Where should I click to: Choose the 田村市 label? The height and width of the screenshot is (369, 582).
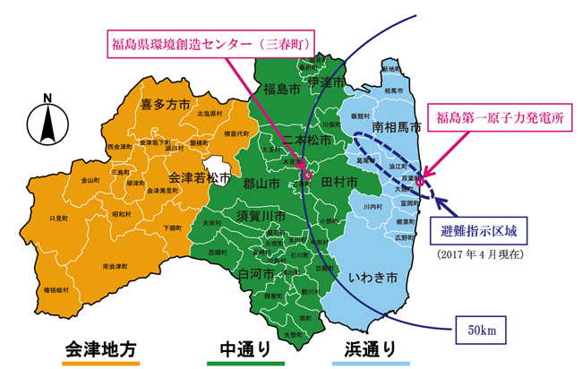pos(338,183)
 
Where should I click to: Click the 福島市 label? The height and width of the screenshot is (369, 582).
pos(283,89)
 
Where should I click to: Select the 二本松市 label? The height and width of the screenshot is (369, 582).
pos(304,141)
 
